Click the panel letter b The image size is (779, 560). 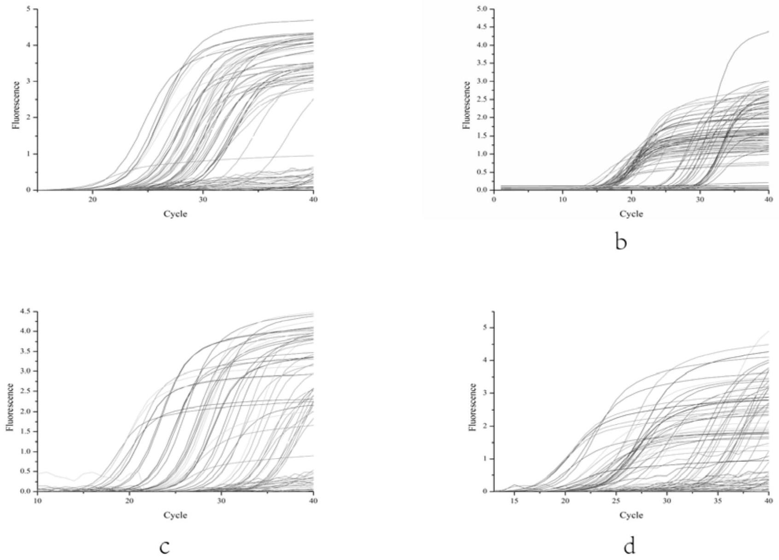click(x=621, y=242)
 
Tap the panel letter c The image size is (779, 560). click(x=165, y=547)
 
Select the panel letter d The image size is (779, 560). click(x=629, y=547)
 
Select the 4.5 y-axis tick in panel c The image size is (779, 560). click(x=25, y=311)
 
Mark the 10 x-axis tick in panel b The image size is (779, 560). click(x=562, y=199)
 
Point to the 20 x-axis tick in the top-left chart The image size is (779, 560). click(x=93, y=199)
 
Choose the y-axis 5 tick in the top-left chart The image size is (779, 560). click(x=29, y=9)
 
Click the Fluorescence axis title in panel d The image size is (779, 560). click(x=472, y=407)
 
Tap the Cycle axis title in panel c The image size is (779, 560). click(x=175, y=515)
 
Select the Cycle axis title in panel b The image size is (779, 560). click(x=631, y=214)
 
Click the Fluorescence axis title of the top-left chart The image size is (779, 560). click(x=17, y=105)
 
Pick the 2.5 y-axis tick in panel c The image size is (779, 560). click(x=25, y=391)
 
